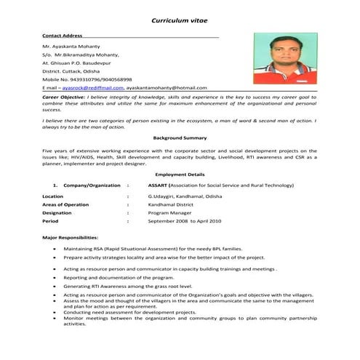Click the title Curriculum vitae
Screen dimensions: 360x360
coord(179,21)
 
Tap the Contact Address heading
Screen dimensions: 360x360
coord(63,34)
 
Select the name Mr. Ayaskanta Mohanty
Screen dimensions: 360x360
coord(72,47)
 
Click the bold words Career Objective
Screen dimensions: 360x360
coord(63,97)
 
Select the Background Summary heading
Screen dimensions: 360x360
coord(180,137)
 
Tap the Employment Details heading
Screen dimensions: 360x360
coord(180,175)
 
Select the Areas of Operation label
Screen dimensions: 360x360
coord(65,204)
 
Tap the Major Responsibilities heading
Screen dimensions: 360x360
coord(71,238)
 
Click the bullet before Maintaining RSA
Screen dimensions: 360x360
coord(56,249)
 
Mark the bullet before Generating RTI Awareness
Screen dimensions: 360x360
coord(56,287)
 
